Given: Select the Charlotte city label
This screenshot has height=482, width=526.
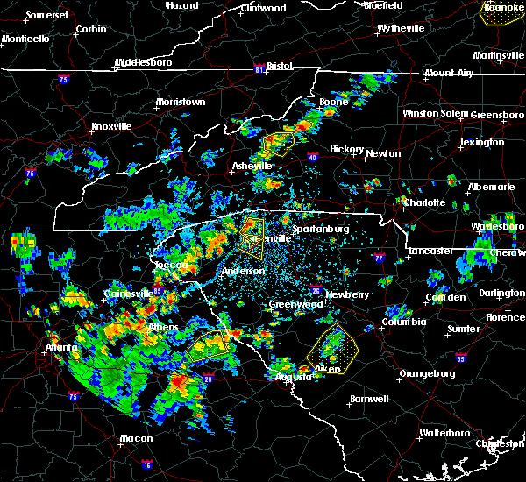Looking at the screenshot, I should (424, 202).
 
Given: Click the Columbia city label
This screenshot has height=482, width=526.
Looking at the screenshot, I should (403, 322).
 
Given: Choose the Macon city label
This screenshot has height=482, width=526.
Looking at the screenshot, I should (136, 438).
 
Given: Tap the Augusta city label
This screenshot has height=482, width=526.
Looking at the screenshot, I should (293, 377).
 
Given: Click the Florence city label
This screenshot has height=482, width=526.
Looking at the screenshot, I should (505, 316).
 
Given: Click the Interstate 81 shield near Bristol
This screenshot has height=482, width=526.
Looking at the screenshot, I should (259, 67).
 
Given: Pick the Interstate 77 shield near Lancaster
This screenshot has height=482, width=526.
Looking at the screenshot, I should (379, 259).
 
